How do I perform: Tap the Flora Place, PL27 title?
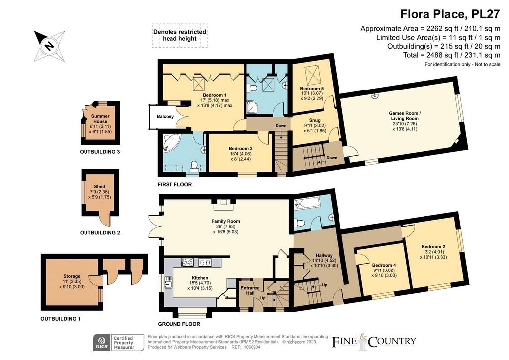[450, 14]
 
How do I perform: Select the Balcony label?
[165, 116]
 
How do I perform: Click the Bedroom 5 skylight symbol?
[312, 75]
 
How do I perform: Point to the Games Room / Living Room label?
[405, 116]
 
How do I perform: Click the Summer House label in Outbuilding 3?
[100, 118]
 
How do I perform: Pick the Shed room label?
[99, 186]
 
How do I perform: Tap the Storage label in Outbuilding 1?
[72, 276]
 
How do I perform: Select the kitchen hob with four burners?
[187, 262]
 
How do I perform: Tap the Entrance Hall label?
[250, 290]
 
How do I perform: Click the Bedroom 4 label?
[384, 265]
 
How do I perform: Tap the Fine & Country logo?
[373, 342]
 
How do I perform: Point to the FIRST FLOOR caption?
[174, 184]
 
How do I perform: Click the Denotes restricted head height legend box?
[179, 35]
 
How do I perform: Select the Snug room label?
[315, 120]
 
